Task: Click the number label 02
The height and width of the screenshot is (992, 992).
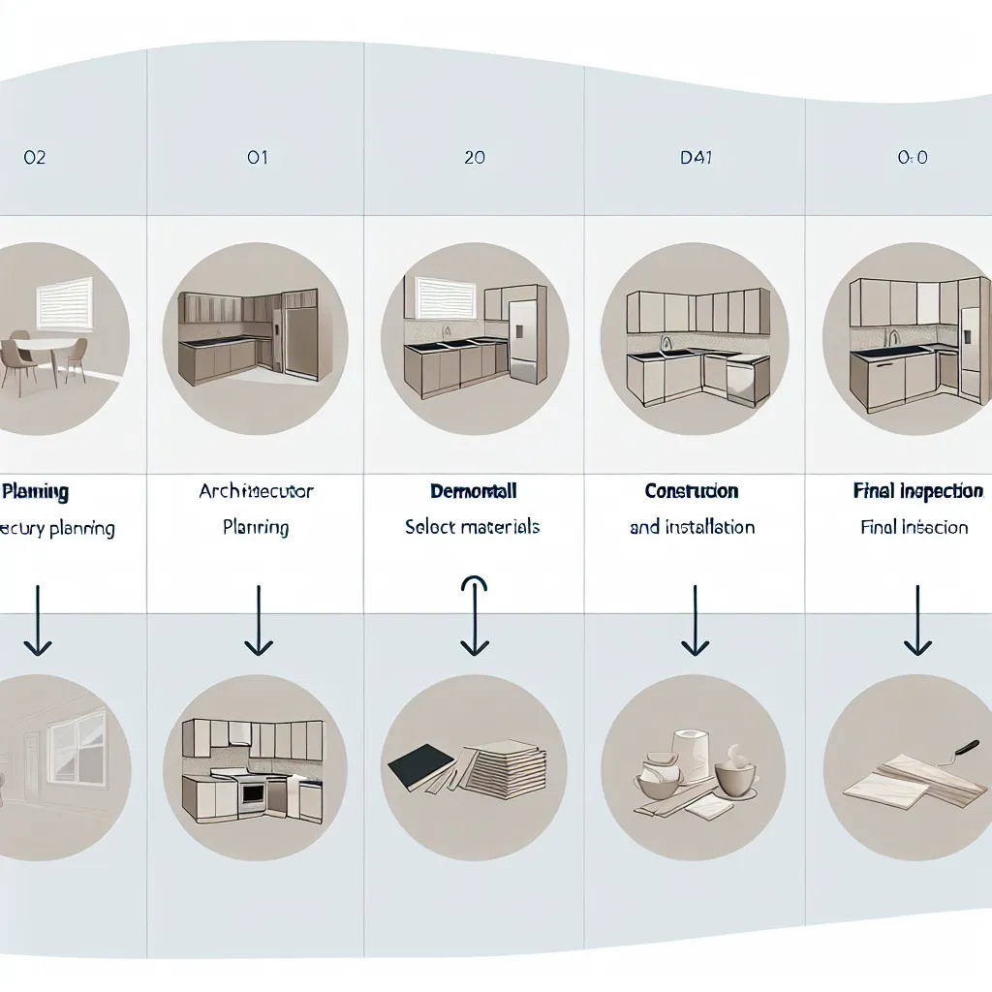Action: point(34,157)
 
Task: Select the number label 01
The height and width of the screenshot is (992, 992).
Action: point(257,157)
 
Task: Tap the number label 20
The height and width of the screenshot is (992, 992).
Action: point(475,157)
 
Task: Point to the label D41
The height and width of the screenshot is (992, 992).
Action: point(696,157)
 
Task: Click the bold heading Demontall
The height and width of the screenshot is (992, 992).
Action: point(473,492)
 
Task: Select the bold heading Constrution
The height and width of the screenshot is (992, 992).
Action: point(692,492)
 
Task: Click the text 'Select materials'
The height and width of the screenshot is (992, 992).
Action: point(473,527)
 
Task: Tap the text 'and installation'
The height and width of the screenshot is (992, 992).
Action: point(692,528)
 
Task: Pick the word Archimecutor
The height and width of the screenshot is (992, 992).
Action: point(256,492)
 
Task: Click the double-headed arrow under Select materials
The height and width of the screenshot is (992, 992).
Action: point(474,615)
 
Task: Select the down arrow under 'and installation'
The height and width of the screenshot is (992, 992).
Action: point(696,620)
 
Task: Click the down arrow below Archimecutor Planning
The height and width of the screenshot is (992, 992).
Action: point(258,620)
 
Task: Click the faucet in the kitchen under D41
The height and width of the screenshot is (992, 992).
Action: point(666,342)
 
